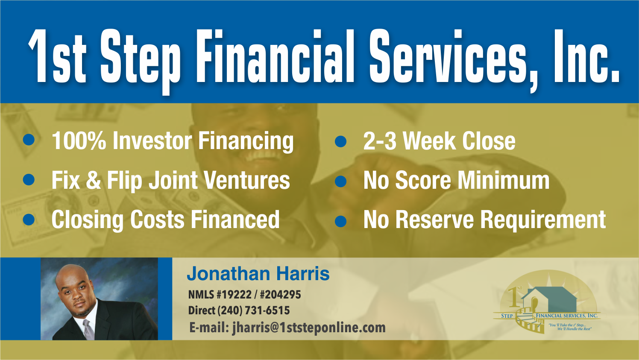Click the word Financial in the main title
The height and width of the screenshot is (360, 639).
click(x=277, y=57)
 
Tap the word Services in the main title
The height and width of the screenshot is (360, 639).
click(x=449, y=57)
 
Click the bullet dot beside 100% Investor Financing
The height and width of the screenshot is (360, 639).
click(x=29, y=140)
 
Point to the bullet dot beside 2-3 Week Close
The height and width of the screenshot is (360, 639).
click(x=340, y=141)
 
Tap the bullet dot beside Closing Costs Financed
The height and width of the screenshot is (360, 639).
click(x=29, y=220)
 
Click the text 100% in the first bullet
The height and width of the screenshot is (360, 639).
click(x=79, y=141)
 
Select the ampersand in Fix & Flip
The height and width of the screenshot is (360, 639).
click(x=93, y=181)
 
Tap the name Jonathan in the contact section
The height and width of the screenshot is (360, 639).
click(x=228, y=274)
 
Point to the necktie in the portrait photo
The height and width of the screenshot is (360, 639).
click(x=88, y=328)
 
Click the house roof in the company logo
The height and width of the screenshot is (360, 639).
click(x=551, y=295)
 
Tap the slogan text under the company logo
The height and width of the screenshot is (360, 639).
click(x=571, y=327)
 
